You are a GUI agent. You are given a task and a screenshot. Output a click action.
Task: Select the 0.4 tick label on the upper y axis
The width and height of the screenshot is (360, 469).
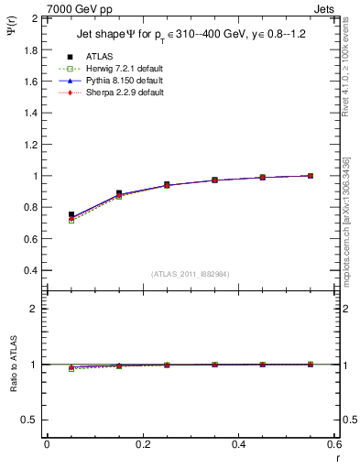[x=30, y=271]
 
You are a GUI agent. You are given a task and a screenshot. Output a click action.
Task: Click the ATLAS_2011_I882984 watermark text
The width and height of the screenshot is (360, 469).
[x=191, y=274]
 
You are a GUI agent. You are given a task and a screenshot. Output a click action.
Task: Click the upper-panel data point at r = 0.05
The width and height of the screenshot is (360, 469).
[x=71, y=215]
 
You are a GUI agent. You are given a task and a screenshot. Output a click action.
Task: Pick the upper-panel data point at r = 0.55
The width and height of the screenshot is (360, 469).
[x=311, y=176]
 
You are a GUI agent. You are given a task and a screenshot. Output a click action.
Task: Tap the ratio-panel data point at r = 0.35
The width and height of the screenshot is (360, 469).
[x=214, y=365]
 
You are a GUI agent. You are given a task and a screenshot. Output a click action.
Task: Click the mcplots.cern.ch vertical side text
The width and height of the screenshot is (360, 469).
[x=352, y=229]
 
